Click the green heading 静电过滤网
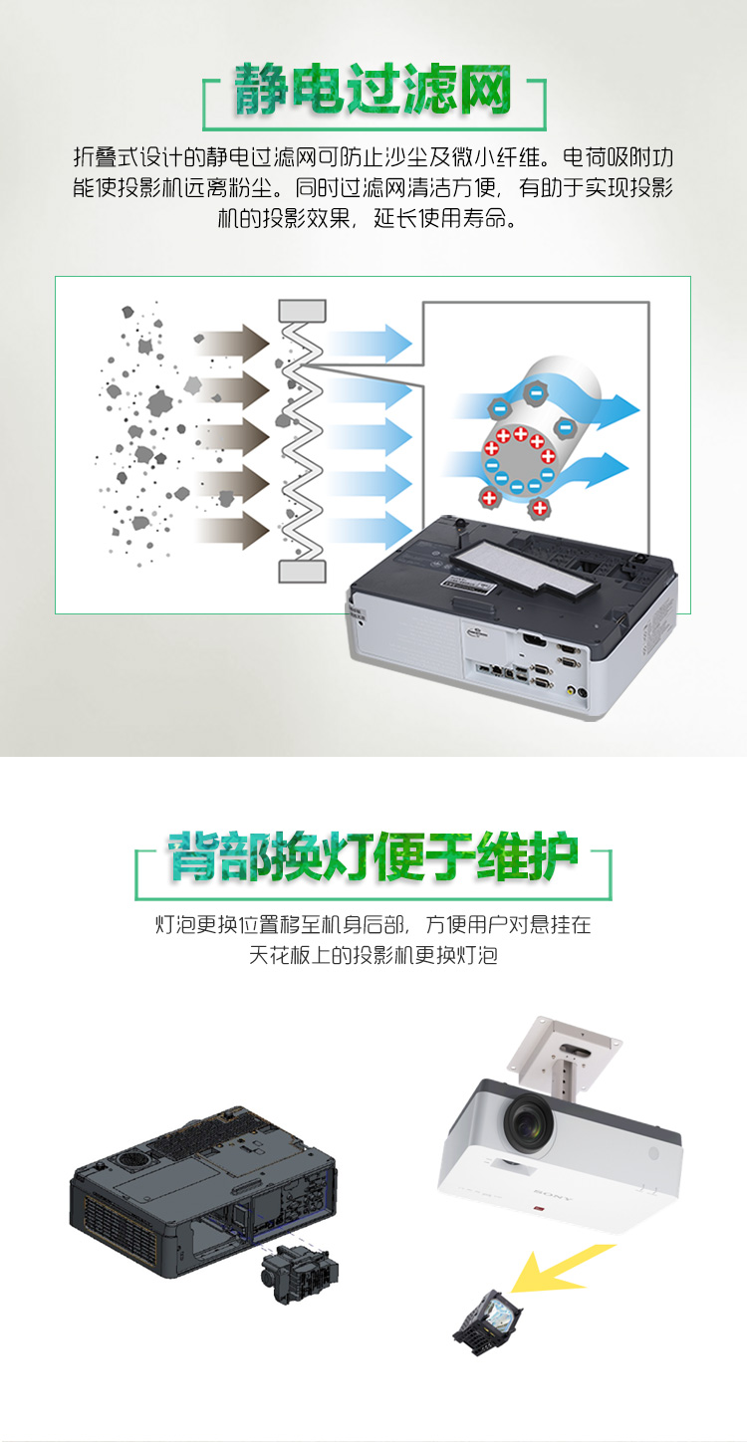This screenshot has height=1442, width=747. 373,90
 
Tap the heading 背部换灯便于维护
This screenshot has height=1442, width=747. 373,856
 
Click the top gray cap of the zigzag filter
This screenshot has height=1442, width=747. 302,311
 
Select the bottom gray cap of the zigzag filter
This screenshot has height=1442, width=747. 302,572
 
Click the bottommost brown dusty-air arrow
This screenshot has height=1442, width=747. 232,532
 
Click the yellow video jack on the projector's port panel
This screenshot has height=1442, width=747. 570,690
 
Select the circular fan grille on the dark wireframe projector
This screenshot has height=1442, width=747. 132,1158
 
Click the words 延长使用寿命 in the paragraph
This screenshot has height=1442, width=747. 440,219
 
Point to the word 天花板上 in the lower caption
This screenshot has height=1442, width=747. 290,955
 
